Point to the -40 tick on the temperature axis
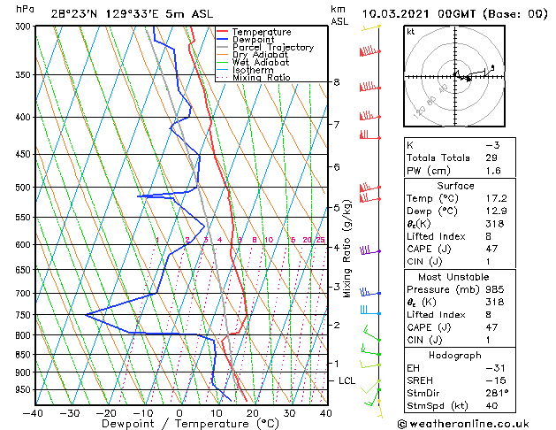34,412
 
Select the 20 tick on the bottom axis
253,412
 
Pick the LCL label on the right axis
347,380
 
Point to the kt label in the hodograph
410,32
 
